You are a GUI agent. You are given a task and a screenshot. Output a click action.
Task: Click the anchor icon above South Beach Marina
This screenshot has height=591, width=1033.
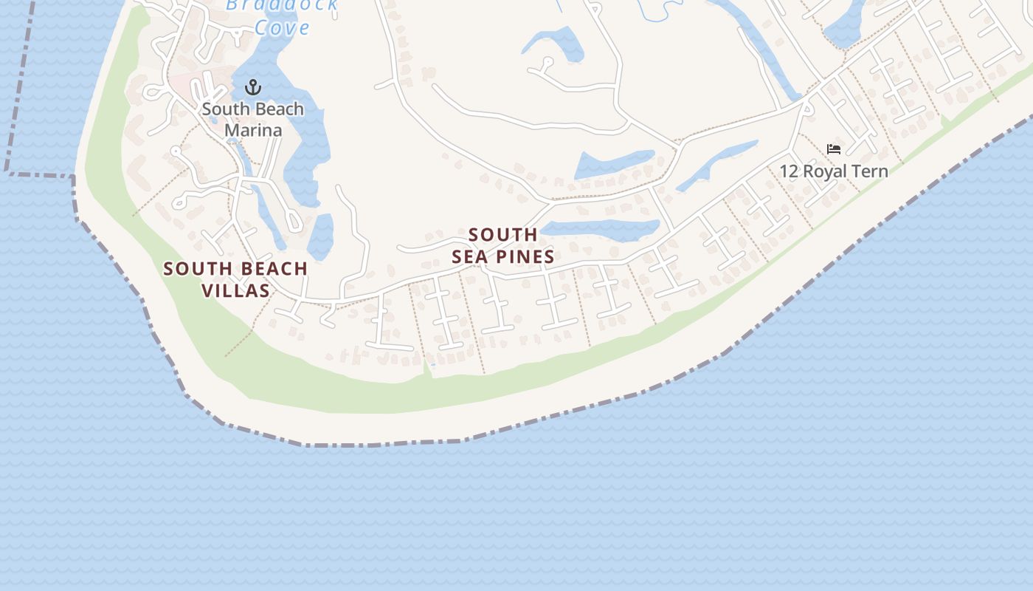[x=253, y=88]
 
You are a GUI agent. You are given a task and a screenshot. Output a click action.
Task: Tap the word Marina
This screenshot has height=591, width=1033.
[x=253, y=131]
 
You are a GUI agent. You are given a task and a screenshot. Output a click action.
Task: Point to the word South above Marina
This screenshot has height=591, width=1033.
[x=221, y=109]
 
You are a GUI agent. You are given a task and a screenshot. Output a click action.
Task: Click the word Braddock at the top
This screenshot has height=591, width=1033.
[x=281, y=5]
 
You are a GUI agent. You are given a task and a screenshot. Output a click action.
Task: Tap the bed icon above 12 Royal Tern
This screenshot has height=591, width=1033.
[x=834, y=149]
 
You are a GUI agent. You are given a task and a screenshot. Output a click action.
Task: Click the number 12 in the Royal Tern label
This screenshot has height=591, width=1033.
[x=789, y=171]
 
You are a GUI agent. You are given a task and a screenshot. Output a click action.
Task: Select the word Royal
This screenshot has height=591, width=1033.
[x=827, y=171]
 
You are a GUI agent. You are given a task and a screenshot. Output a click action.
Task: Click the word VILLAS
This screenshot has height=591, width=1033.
[x=236, y=290]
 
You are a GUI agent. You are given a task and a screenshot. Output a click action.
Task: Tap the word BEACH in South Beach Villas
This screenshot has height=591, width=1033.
[x=271, y=269]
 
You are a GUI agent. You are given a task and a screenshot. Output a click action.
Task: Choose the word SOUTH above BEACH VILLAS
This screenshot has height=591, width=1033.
[x=195, y=269]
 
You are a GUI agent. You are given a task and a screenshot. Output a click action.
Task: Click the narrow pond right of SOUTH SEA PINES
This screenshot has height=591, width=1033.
[x=601, y=230]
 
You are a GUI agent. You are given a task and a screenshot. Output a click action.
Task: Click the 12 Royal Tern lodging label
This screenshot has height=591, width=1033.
[x=834, y=171]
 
